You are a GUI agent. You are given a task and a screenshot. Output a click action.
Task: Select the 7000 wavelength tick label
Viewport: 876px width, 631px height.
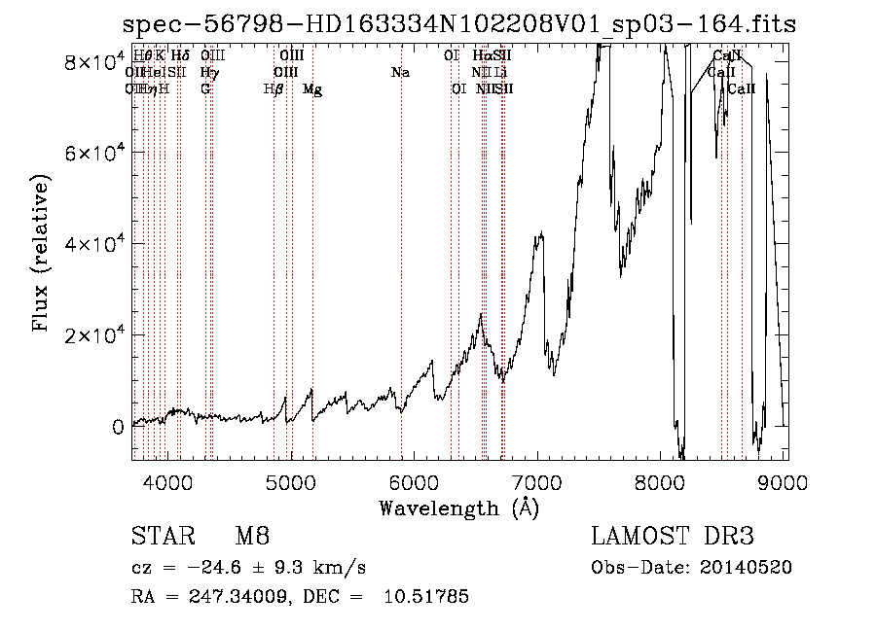tap(538, 481)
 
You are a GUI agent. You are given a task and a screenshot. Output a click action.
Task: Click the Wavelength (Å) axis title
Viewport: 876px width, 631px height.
tap(458, 508)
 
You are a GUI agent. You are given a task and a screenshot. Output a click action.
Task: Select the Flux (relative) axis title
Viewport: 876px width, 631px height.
tap(42, 254)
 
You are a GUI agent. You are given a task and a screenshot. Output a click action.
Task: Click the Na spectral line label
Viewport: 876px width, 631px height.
tap(400, 73)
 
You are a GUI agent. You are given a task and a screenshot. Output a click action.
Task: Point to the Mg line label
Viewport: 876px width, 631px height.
tap(312, 89)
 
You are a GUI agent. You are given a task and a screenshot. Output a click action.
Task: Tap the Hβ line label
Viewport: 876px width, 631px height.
tap(274, 89)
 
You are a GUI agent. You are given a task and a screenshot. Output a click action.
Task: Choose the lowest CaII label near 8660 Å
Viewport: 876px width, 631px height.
tap(742, 89)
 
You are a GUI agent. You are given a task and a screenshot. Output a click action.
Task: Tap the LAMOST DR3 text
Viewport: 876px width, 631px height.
tap(673, 537)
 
